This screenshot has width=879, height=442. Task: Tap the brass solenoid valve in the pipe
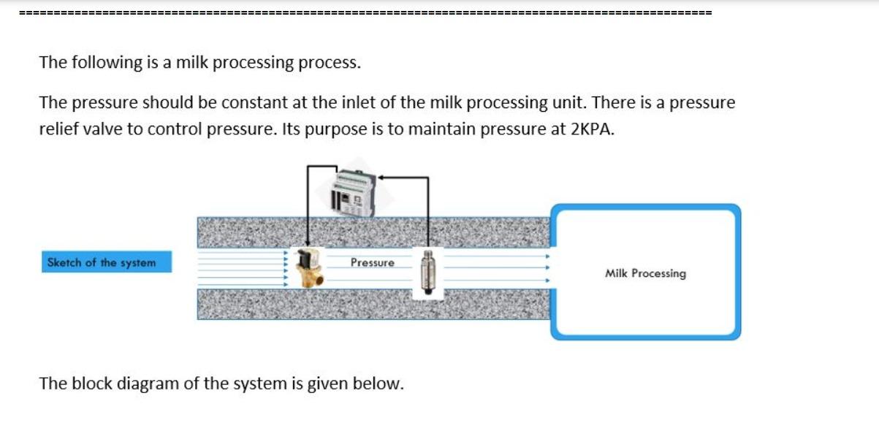309,268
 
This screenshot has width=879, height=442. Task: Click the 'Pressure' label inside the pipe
372,262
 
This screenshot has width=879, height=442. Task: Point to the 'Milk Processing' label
645,273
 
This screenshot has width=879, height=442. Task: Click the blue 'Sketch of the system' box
107,262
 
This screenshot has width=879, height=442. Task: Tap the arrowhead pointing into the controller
381,178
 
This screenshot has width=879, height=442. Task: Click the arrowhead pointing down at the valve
308,243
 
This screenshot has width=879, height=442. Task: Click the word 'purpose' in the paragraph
335,129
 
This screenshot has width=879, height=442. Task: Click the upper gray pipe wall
373,232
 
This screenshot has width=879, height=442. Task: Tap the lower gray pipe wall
373,304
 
